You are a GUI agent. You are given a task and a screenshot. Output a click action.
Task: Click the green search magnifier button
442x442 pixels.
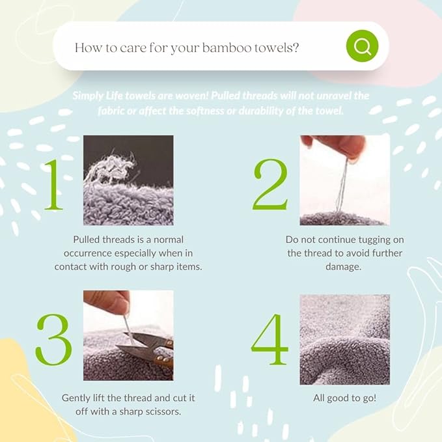362,46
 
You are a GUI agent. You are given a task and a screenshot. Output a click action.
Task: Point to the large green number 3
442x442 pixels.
53,339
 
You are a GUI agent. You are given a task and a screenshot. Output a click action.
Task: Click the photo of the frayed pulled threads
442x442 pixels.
128,180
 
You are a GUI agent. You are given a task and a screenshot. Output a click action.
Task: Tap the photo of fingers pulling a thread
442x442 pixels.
344,180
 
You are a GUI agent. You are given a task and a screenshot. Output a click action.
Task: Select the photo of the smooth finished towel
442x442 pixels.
344,339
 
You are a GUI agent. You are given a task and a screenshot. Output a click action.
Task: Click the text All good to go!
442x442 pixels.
344,397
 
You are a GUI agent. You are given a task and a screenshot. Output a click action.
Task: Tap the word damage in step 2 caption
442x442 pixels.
344,267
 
